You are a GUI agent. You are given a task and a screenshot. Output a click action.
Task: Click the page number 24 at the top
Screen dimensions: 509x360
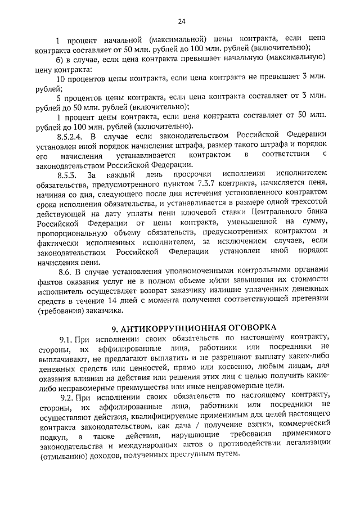181,21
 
